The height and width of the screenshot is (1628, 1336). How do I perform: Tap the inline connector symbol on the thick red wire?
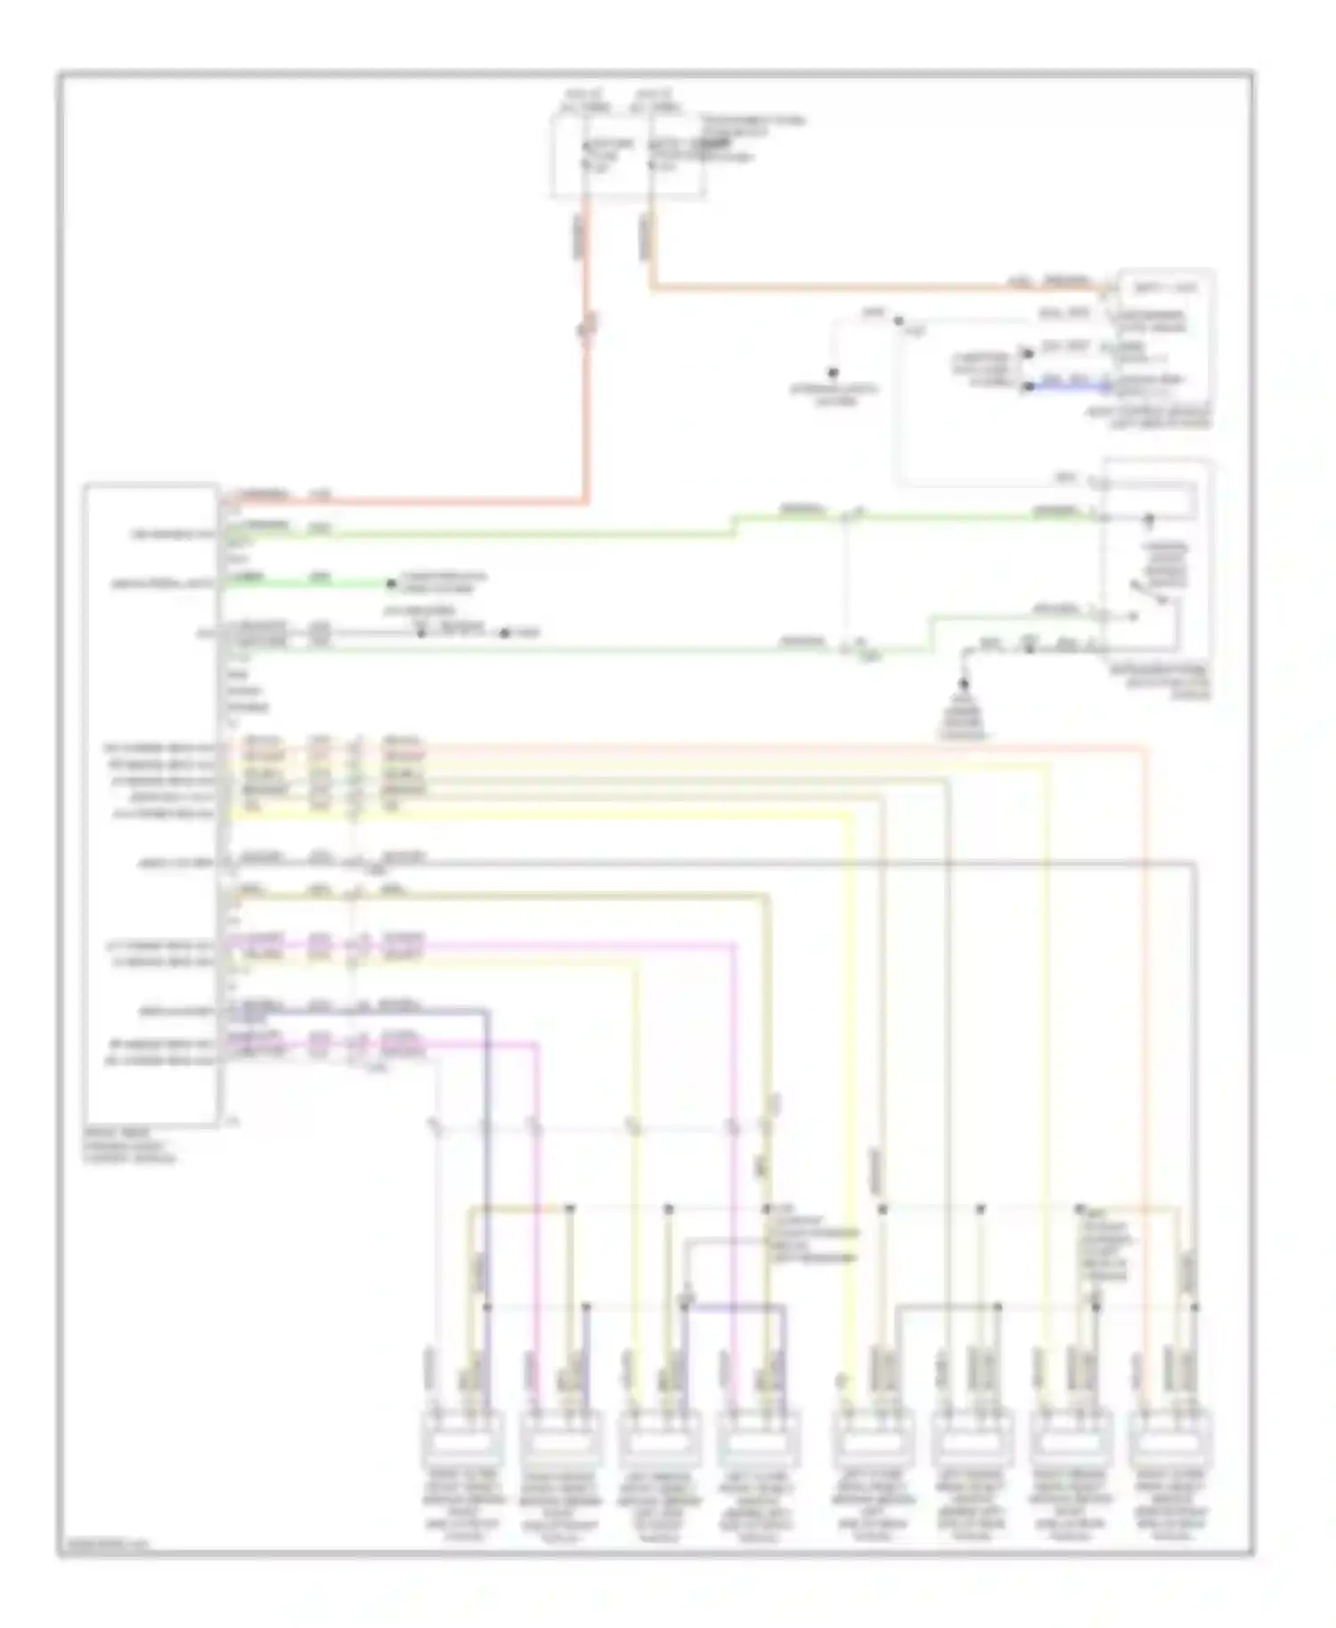tap(586, 330)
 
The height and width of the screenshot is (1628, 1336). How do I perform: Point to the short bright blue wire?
tap(1065, 387)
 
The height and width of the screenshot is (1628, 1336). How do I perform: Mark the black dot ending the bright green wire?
tap(390, 584)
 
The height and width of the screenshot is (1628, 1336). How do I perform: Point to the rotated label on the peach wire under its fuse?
tap(644, 239)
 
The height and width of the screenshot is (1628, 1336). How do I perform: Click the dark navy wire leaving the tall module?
tap(356, 1010)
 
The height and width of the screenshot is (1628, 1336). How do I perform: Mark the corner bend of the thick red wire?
tap(586, 501)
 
